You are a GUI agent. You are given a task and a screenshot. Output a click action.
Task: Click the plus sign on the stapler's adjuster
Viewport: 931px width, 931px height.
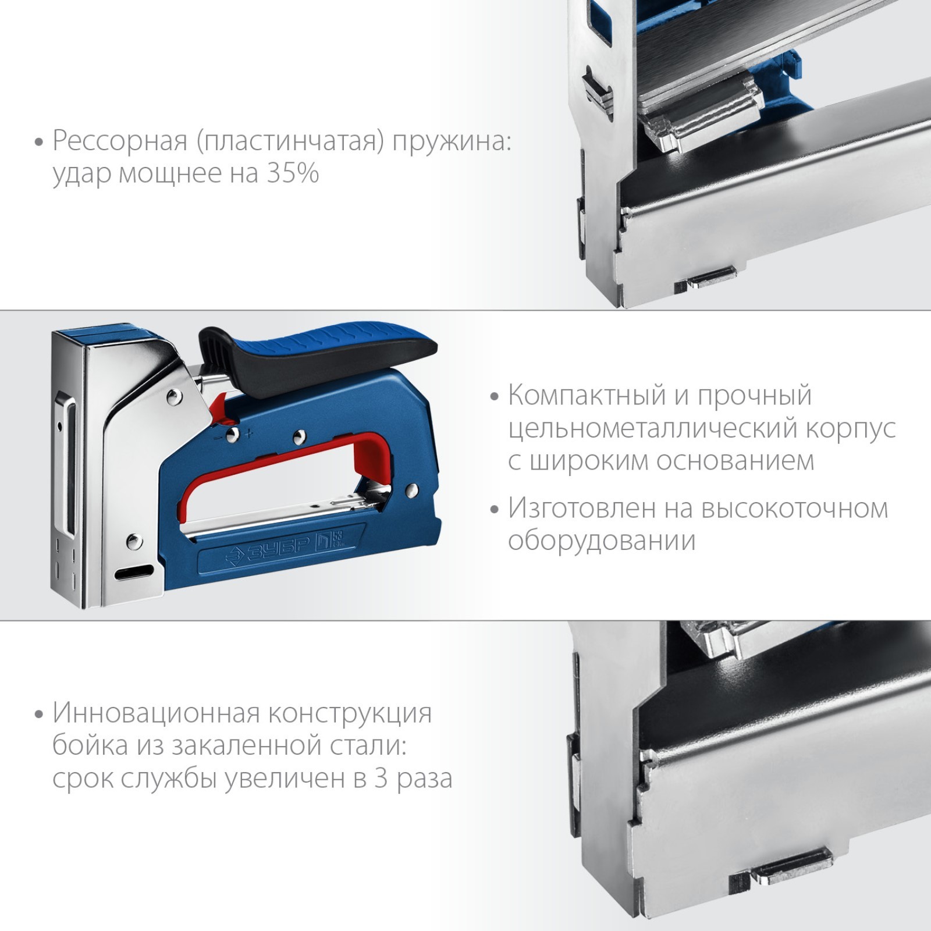tap(250, 433)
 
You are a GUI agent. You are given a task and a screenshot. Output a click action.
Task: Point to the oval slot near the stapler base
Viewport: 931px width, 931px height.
tap(135, 572)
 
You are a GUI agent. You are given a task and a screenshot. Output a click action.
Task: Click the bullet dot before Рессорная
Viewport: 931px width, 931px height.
tap(40, 143)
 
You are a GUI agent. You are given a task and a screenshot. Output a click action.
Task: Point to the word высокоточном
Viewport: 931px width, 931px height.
tap(795, 509)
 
